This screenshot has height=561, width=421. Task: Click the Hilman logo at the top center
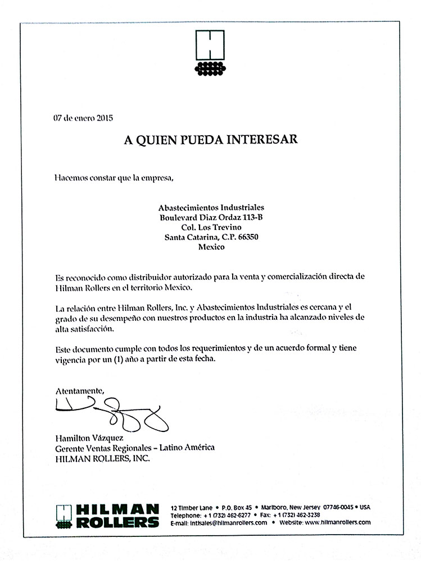(x=210, y=52)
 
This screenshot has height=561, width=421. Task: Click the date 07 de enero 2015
(x=83, y=118)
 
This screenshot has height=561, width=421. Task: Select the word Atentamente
(x=80, y=389)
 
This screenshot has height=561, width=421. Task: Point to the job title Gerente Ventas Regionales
(x=105, y=448)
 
